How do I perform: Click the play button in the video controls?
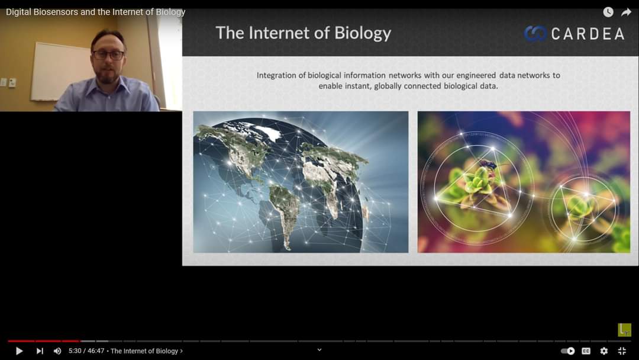point(19,351)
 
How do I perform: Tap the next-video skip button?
point(40,351)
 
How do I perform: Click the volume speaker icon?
point(57,351)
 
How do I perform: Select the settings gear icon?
point(604,351)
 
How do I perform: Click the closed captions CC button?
point(586,351)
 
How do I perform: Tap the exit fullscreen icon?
point(622,351)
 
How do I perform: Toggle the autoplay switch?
point(567,351)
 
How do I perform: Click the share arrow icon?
point(626,12)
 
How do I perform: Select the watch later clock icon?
point(608,12)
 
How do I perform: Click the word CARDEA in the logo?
point(588,34)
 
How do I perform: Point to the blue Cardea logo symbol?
point(535,33)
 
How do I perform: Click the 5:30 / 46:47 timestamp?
point(86,351)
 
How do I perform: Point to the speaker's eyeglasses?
point(108,54)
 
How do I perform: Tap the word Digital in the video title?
point(18,12)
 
